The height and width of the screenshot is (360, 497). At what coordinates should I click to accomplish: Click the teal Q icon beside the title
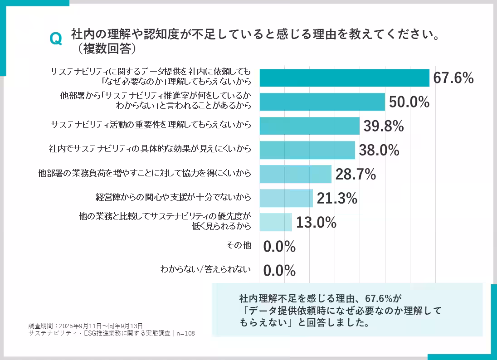click(55, 39)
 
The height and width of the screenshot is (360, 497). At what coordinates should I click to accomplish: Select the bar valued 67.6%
click(344, 78)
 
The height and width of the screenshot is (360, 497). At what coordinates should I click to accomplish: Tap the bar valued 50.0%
click(322, 102)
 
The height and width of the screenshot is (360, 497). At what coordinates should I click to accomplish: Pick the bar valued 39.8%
click(309, 126)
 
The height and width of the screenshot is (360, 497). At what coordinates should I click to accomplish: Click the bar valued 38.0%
click(307, 150)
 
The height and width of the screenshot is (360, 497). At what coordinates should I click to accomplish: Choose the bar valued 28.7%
click(295, 174)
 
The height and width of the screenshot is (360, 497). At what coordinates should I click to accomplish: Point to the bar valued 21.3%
click(286, 198)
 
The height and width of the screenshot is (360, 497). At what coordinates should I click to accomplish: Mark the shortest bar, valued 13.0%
click(276, 222)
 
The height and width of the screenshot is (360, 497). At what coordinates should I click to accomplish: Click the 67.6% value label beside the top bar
click(453, 78)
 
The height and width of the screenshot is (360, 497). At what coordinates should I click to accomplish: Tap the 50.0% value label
click(409, 102)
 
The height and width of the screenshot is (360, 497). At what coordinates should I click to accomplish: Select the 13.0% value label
click(316, 223)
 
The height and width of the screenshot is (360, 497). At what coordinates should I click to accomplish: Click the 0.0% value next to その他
click(279, 247)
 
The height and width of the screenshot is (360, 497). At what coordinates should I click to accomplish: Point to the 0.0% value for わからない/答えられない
click(279, 271)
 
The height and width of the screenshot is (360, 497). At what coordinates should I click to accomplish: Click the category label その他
click(239, 245)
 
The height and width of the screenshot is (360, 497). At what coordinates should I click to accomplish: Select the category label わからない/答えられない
click(205, 269)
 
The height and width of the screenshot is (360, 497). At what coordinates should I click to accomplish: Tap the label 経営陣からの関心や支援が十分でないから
click(173, 197)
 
